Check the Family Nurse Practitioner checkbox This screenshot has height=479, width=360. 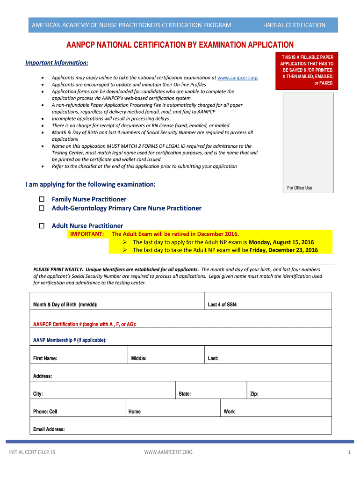42,199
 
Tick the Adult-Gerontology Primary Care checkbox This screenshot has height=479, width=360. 42,208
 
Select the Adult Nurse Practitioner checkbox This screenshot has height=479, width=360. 42,226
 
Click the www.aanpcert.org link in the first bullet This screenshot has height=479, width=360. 238,78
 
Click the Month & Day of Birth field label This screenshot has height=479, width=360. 65,305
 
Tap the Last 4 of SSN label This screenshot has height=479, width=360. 223,305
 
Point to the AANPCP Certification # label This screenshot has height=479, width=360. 85,324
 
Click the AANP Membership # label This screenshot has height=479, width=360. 70,340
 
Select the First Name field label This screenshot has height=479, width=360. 45,359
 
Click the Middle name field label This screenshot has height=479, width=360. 139,359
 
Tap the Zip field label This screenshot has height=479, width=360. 254,394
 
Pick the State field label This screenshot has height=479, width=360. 185,394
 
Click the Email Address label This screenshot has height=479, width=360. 49,429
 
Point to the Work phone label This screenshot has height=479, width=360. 229,412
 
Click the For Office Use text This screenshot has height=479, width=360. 300,188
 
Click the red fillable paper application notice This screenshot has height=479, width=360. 307,70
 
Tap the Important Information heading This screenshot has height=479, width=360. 57,63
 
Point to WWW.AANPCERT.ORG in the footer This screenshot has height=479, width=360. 168,452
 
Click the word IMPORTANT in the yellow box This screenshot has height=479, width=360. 86,234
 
